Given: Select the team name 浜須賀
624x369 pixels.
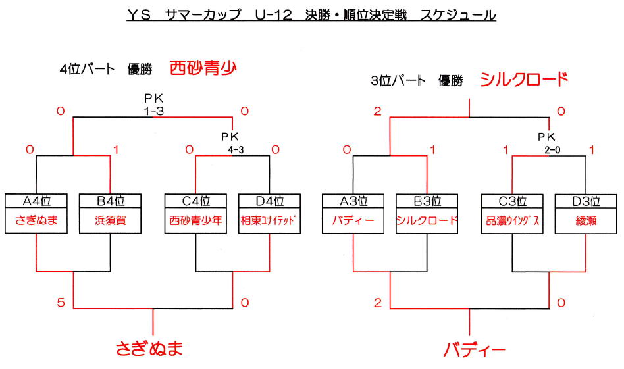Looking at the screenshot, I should click(110, 221).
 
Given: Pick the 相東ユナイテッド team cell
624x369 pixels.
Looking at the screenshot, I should click(270, 221).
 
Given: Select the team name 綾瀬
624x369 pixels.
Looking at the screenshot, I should click(585, 221).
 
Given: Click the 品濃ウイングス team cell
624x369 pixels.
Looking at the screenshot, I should click(512, 221).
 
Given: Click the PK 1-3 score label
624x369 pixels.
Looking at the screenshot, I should click(153, 105).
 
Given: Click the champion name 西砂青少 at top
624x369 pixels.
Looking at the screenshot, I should click(202, 68).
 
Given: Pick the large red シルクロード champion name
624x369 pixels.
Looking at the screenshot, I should click(523, 80).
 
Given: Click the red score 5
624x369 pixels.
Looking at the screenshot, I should click(60, 303).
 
